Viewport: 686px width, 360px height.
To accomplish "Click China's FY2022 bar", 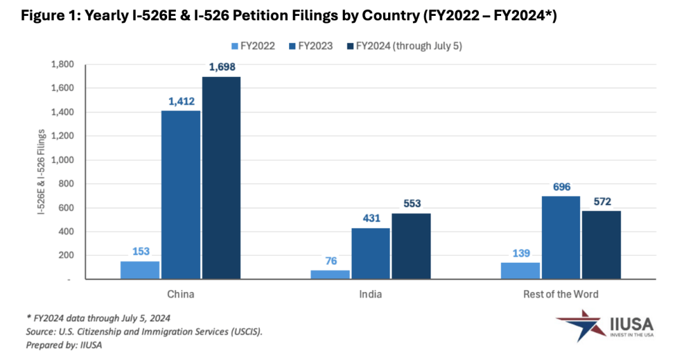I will tap(140, 270).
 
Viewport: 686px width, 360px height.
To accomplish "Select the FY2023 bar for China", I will tap(180, 194).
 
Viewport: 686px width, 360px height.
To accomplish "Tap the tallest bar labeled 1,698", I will tap(221, 177).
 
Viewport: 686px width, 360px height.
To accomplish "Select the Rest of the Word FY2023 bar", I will tap(562, 237).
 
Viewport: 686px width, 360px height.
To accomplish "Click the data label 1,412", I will tap(181, 102).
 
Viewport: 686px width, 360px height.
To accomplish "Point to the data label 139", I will tap(520, 253).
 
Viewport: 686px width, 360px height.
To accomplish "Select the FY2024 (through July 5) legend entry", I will tap(408, 46).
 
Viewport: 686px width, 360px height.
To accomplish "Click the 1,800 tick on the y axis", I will tap(63, 65).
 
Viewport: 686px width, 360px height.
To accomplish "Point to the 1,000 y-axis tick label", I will tap(63, 160).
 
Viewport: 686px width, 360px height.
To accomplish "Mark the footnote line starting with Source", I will tap(144, 331).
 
